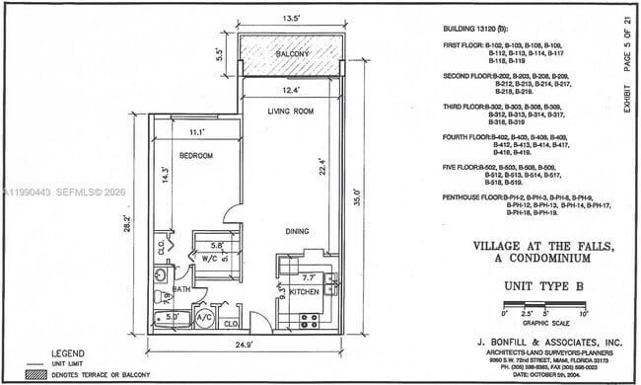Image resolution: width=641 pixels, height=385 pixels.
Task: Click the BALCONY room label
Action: pyautogui.click(x=292, y=53)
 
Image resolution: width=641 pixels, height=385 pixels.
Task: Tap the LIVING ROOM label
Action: pyautogui.click(x=291, y=112)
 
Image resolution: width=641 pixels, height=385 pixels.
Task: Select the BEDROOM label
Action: pyautogui.click(x=197, y=155)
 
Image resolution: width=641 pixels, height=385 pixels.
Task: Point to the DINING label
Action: pyautogui.click(x=297, y=232)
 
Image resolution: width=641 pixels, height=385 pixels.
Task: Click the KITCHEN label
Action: pyautogui.click(x=302, y=292)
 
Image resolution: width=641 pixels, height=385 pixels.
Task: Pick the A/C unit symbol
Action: pyautogui.click(x=204, y=317)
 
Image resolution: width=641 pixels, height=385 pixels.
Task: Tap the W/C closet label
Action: pyautogui.click(x=209, y=259)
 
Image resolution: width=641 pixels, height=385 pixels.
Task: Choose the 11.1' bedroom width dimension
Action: pyautogui.click(x=196, y=130)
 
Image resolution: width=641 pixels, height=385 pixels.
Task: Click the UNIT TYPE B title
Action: pyautogui.click(x=545, y=285)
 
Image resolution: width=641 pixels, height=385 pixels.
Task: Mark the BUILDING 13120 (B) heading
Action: pyautogui.click(x=471, y=30)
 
